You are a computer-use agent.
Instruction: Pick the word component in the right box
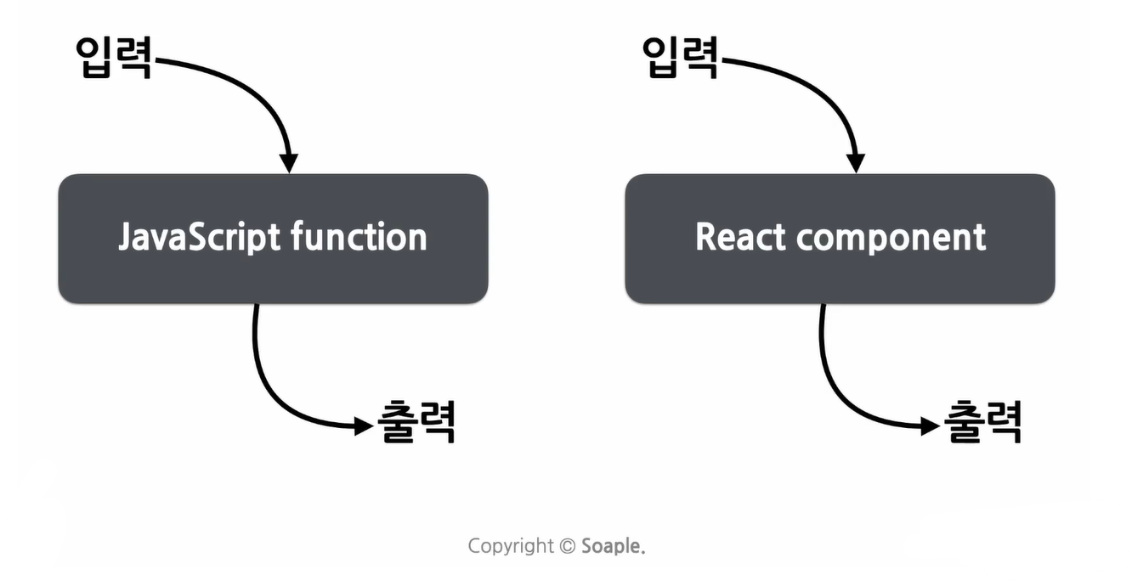[x=891, y=239]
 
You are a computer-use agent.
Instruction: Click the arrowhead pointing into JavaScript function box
[x=290, y=162]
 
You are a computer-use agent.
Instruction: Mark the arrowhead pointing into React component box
[x=857, y=162]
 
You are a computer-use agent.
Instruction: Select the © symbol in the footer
[x=568, y=546]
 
